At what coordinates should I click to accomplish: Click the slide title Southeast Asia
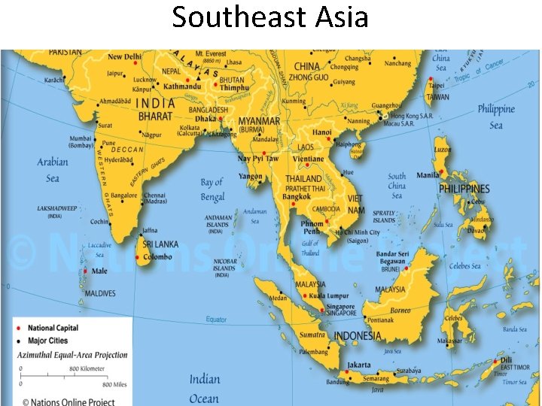pyautogui.click(x=270, y=17)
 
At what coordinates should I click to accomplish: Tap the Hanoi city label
pyautogui.click(x=322, y=132)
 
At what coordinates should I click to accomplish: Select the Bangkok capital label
pyautogui.click(x=296, y=197)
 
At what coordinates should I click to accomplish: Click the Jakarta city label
pyautogui.click(x=358, y=365)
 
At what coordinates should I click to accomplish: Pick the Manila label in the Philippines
pyautogui.click(x=428, y=175)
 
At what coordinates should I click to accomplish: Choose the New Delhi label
pyautogui.click(x=125, y=57)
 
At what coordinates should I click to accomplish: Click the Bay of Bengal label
pyautogui.click(x=212, y=189)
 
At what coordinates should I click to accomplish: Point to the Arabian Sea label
pyautogui.click(x=53, y=170)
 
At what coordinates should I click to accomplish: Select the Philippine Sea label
pyautogui.click(x=496, y=117)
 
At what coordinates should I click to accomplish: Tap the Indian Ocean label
pyautogui.click(x=204, y=389)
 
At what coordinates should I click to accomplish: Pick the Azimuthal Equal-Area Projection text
pyautogui.click(x=73, y=355)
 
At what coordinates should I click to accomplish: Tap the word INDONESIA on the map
pyautogui.click(x=357, y=336)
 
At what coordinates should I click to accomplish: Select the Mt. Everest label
pyautogui.click(x=209, y=54)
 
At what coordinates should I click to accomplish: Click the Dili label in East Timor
pyautogui.click(x=507, y=360)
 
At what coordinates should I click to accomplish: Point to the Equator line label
pyautogui.click(x=217, y=320)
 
